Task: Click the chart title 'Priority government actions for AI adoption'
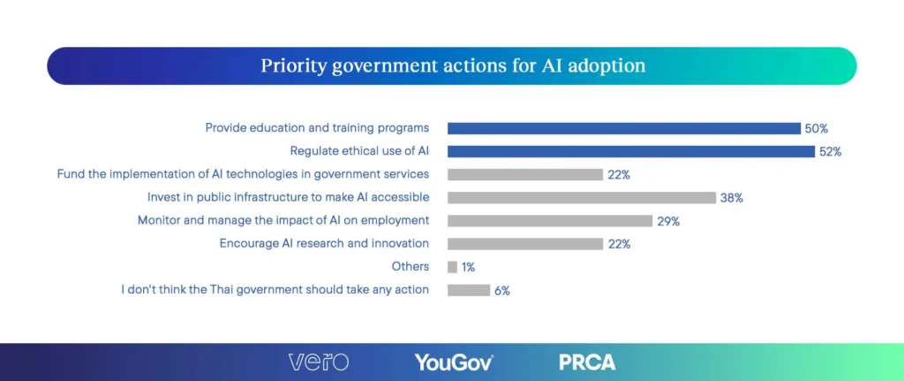pyautogui.click(x=452, y=66)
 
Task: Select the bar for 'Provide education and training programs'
pyautogui.click(x=623, y=128)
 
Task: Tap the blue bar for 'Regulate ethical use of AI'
pyautogui.click(x=630, y=151)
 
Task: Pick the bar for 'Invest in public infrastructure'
pyautogui.click(x=581, y=197)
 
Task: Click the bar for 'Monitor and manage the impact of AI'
pyautogui.click(x=549, y=220)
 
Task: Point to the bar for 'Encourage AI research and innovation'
pyautogui.click(x=524, y=243)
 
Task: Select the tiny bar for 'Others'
pyautogui.click(x=452, y=266)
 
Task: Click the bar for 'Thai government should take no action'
pyautogui.click(x=468, y=289)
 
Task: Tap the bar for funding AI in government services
pyautogui.click(x=524, y=174)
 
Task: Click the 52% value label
pyautogui.click(x=830, y=151)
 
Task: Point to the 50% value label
pyautogui.click(x=816, y=128)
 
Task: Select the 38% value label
pyautogui.click(x=731, y=197)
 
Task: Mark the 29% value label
pyautogui.click(x=667, y=220)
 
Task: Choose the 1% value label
pyautogui.click(x=468, y=266)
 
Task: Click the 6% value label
pyautogui.click(x=501, y=289)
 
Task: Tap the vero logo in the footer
pyautogui.click(x=318, y=362)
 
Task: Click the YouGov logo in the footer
pyautogui.click(x=453, y=362)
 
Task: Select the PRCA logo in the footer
pyautogui.click(x=587, y=362)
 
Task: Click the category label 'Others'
pyautogui.click(x=411, y=266)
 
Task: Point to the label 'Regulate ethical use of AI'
pyautogui.click(x=359, y=151)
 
